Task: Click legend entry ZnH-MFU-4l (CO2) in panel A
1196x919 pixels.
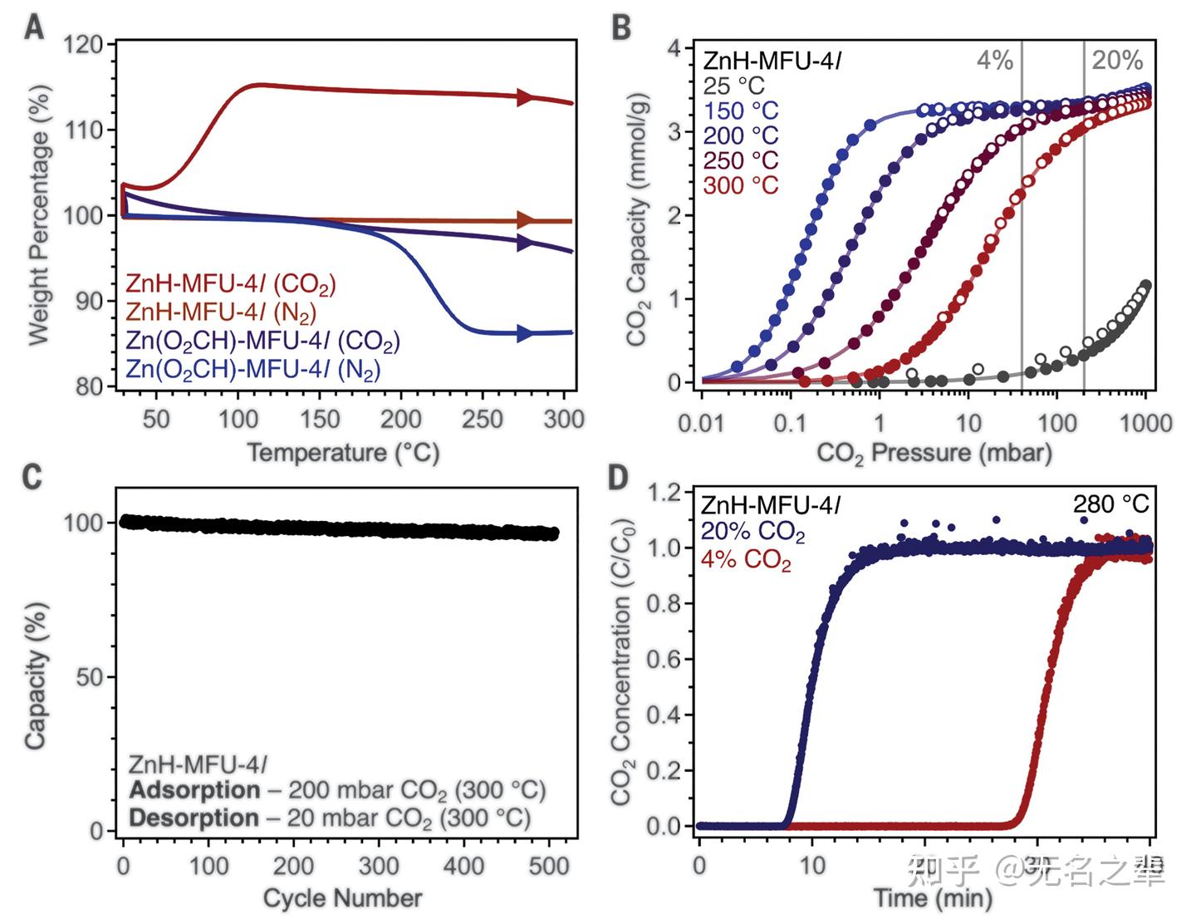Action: coord(230,283)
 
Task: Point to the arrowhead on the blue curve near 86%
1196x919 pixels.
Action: coord(525,333)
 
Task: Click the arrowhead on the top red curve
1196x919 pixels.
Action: coord(524,97)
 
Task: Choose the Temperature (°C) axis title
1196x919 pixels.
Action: coord(343,453)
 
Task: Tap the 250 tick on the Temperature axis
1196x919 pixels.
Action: coord(483,419)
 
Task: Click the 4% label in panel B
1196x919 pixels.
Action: coord(994,60)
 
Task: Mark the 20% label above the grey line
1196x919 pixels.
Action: coord(1116,60)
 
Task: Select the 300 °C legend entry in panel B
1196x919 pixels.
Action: coord(741,184)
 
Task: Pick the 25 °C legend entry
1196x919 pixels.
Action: coord(733,86)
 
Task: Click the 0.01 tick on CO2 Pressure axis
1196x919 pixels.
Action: coord(702,423)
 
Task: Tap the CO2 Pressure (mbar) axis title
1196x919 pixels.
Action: coord(934,453)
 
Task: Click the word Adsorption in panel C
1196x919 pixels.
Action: coord(194,789)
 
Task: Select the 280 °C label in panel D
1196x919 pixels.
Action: coord(1110,504)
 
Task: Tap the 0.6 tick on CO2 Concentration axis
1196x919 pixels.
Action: coord(664,659)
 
